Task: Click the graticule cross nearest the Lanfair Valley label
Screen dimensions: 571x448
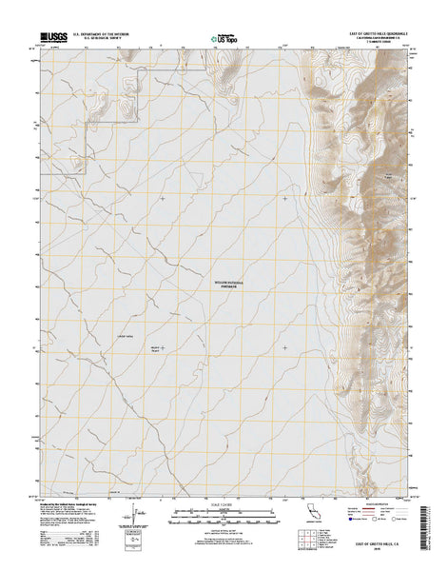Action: [162, 347]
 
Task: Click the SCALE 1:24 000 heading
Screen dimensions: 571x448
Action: [223, 504]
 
